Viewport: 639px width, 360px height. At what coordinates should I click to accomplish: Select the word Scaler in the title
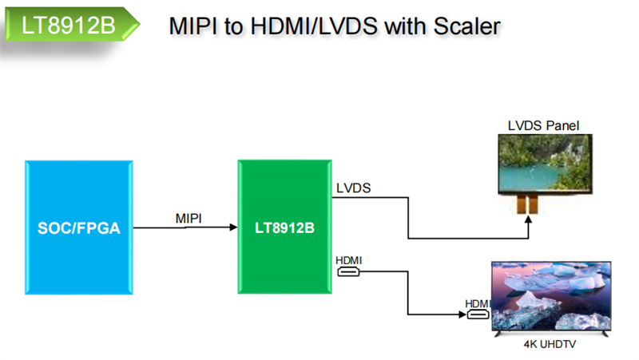(x=466, y=26)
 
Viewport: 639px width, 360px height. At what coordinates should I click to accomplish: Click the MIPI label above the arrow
(x=189, y=218)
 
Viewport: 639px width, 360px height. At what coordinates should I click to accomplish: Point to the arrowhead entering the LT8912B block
(x=233, y=228)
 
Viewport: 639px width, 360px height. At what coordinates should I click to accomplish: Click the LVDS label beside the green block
(x=354, y=188)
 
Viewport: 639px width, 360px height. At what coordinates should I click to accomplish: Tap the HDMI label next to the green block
(x=349, y=260)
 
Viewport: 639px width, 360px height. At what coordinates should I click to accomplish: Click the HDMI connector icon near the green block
(x=349, y=272)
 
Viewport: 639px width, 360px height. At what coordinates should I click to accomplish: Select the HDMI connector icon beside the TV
(x=478, y=315)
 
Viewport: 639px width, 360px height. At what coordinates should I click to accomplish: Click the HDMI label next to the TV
(x=477, y=303)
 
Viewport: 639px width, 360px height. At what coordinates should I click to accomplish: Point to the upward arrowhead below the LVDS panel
(x=528, y=221)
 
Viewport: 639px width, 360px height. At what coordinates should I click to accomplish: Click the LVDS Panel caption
(x=543, y=125)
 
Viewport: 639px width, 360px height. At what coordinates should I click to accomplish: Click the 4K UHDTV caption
(x=550, y=346)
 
